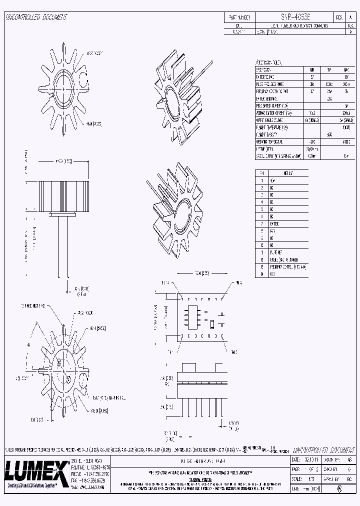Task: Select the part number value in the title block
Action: (295, 16)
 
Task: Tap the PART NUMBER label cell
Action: (239, 16)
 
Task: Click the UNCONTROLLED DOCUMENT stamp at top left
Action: (36, 17)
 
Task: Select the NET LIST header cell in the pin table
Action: (288, 172)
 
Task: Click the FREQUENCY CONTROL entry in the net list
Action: (288, 267)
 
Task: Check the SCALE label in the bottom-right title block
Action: (296, 478)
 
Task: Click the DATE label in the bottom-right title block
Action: (295, 459)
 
